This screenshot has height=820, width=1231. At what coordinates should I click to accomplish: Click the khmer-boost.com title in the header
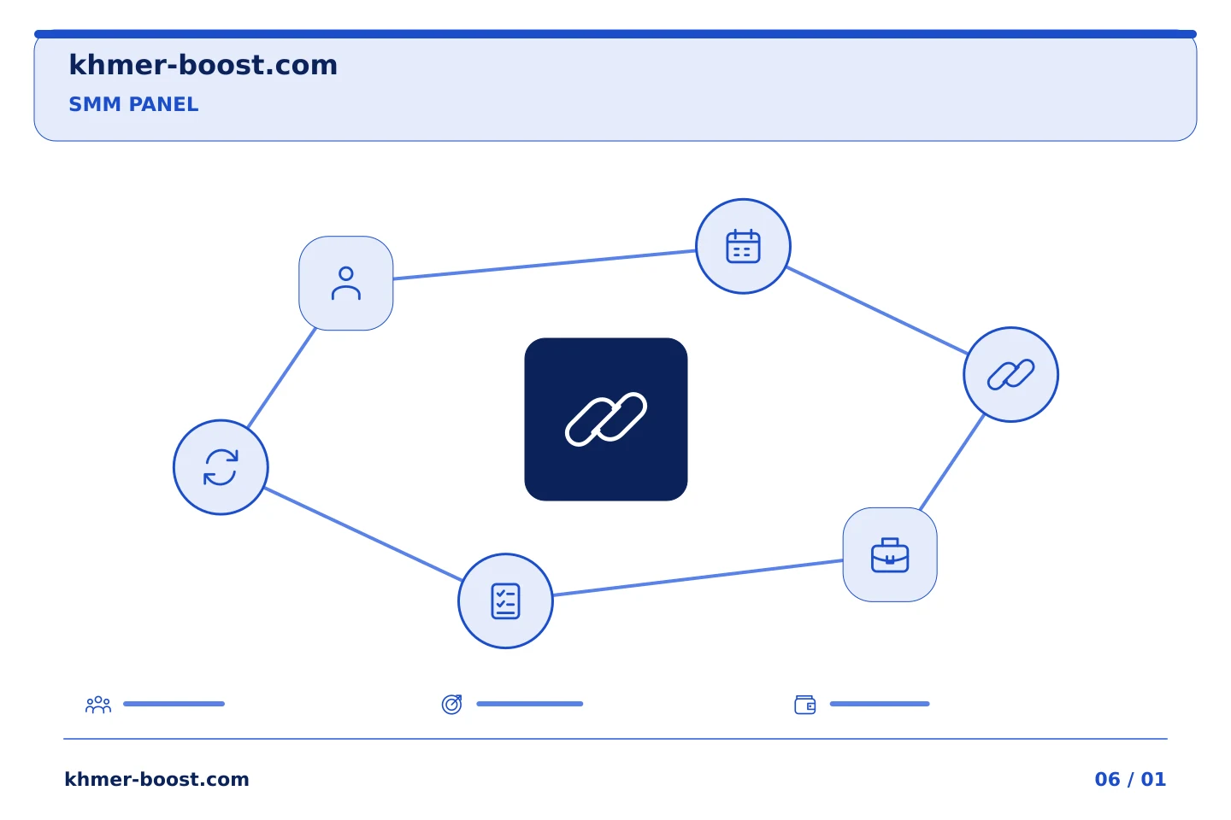point(203,65)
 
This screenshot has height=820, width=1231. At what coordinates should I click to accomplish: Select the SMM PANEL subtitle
point(133,104)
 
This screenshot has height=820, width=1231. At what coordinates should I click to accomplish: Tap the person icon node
point(345,284)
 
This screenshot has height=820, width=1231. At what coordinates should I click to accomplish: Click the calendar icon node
point(743,246)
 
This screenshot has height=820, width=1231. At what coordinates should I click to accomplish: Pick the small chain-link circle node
point(1010,375)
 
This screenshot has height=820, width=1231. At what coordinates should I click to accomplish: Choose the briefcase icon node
point(890,554)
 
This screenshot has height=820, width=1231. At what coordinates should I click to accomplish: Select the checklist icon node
point(505,600)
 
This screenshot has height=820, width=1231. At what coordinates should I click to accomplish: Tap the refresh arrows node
point(221,467)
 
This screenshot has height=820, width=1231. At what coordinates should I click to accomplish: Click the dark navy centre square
point(605,419)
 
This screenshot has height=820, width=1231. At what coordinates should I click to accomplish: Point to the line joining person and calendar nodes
point(544,265)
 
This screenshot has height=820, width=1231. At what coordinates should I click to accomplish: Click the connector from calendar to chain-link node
point(876,310)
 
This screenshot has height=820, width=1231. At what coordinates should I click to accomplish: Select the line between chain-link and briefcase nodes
point(951,462)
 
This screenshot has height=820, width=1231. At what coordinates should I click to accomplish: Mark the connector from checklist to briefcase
point(698,577)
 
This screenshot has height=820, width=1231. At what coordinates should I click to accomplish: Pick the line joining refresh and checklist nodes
point(362,534)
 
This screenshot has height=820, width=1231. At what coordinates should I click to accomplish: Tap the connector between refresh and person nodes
point(281,378)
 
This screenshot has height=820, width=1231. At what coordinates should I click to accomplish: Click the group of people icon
point(98,704)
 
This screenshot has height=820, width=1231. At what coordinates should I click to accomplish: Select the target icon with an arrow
point(451,704)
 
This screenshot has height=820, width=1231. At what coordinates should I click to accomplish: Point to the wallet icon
point(805,705)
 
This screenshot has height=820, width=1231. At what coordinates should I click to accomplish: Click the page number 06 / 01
point(1130,779)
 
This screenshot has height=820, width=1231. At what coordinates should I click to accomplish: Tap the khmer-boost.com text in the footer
point(156,779)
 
